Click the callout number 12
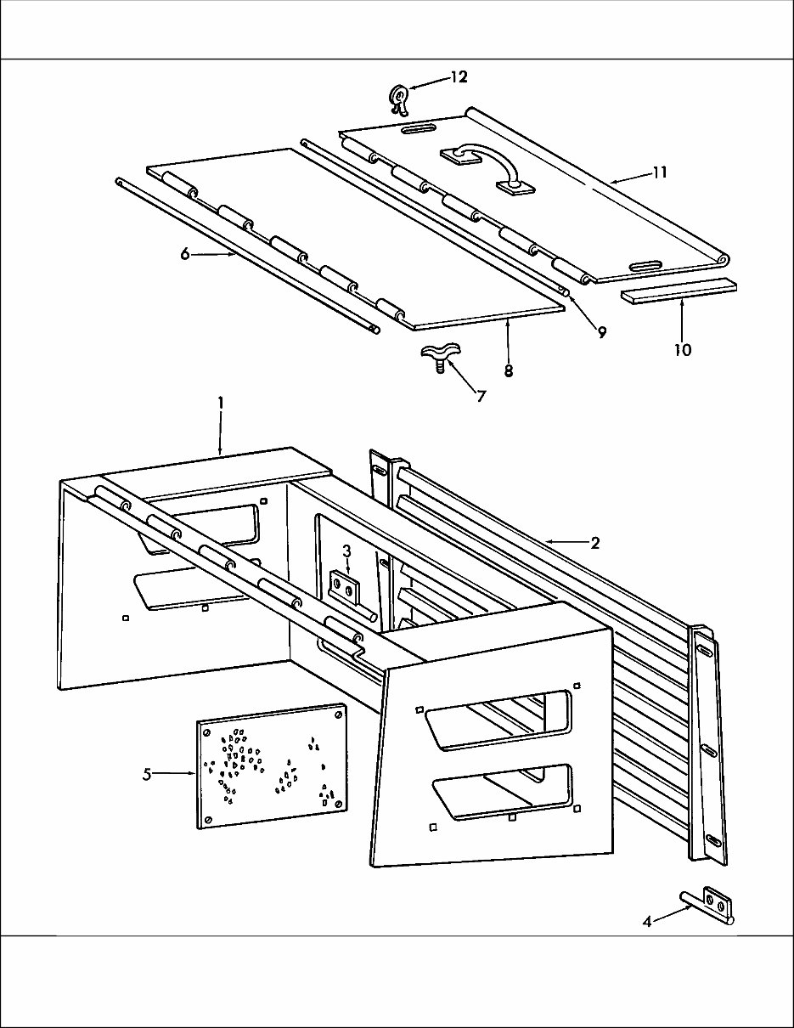click(x=459, y=77)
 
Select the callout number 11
click(x=660, y=172)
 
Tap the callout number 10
click(x=682, y=349)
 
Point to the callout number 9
click(x=600, y=333)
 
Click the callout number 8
click(x=508, y=371)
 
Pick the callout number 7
click(x=481, y=396)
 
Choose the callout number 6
click(x=183, y=253)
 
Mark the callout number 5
click(x=147, y=774)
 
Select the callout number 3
click(x=346, y=551)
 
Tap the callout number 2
click(x=594, y=544)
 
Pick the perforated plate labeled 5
click(x=272, y=765)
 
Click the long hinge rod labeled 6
click(x=246, y=255)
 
